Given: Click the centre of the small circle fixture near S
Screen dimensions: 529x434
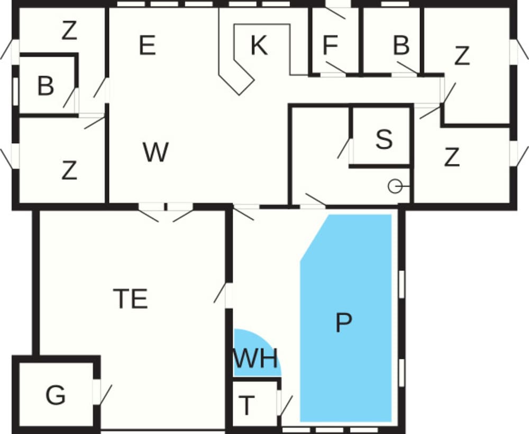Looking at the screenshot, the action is click(x=395, y=186).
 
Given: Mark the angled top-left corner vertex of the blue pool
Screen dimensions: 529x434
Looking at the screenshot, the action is click(x=329, y=215).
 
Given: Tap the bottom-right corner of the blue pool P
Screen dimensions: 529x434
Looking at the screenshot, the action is click(x=391, y=421).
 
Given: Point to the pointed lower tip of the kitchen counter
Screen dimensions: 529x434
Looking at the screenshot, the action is click(x=240, y=96).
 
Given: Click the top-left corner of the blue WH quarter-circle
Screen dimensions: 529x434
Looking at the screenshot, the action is click(x=234, y=329).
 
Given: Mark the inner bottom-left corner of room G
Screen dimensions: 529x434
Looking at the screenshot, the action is click(x=20, y=427).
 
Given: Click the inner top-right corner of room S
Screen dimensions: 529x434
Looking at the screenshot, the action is click(x=409, y=108).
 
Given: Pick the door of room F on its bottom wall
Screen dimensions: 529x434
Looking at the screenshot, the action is click(x=334, y=68).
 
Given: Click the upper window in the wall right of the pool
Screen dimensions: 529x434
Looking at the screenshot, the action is click(x=402, y=284).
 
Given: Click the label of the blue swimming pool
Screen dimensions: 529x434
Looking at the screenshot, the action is click(x=344, y=322).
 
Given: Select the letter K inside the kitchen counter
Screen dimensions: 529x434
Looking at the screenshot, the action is click(x=259, y=45).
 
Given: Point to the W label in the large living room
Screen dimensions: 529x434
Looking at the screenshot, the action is click(x=156, y=152).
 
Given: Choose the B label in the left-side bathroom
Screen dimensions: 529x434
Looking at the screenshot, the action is click(x=45, y=86).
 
